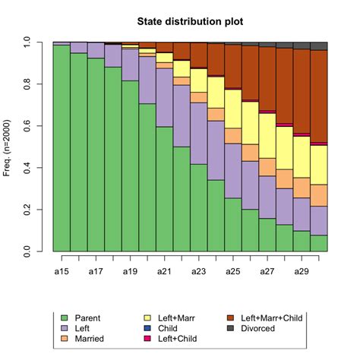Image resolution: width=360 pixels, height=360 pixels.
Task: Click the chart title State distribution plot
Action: tap(190, 22)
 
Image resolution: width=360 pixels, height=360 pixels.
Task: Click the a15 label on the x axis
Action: tap(62, 270)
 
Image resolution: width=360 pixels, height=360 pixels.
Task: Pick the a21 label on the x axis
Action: tap(165, 270)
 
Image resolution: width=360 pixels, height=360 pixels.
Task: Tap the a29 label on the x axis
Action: tap(302, 270)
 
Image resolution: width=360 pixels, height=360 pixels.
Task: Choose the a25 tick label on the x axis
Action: tap(233, 270)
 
